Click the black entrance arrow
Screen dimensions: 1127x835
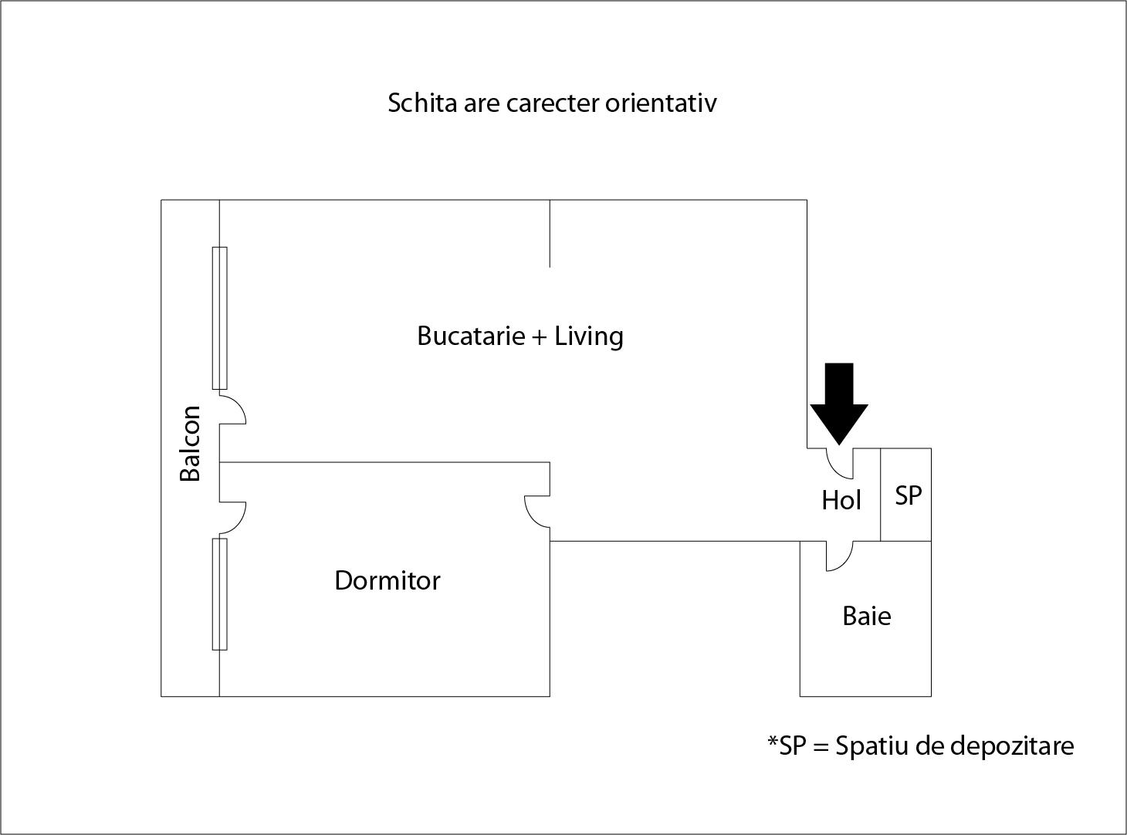tap(839, 404)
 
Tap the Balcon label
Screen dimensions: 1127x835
tap(191, 443)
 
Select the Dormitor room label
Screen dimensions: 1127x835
tap(388, 580)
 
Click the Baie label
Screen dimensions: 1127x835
tap(867, 616)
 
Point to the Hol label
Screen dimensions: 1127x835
tap(841, 500)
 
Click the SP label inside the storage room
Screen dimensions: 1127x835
tap(908, 495)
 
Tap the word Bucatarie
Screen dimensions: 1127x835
tap(471, 336)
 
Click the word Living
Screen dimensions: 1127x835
tap(588, 336)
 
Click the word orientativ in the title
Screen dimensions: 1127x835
tap(661, 103)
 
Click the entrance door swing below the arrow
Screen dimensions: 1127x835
tap(840, 464)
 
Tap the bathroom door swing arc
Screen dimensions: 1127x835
tap(839, 556)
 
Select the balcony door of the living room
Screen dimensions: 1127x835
tap(232, 408)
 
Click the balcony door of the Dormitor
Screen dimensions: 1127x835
tap(232, 518)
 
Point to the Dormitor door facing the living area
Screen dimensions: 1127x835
tap(537, 512)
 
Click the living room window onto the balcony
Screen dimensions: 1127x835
tap(219, 318)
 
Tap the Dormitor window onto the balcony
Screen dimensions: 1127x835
tap(219, 594)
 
